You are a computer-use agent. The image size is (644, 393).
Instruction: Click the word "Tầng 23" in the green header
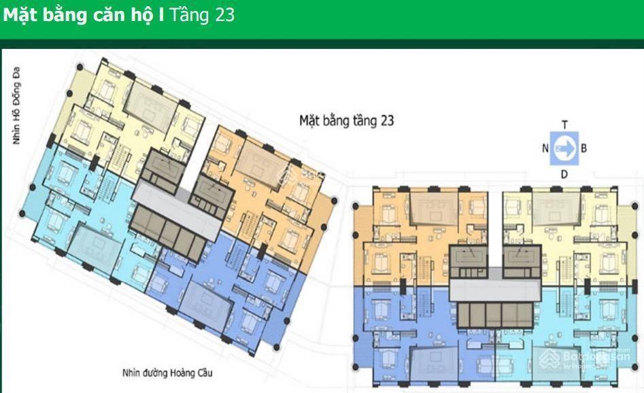(202, 16)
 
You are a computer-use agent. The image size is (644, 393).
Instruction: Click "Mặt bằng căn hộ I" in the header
(83, 16)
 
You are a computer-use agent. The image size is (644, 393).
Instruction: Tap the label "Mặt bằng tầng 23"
(347, 120)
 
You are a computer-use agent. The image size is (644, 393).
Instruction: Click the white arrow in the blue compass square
(564, 150)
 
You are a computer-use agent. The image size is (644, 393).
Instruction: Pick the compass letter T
(564, 124)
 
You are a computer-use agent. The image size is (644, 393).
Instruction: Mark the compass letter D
(564, 175)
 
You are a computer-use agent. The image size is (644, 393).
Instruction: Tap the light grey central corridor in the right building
(494, 290)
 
